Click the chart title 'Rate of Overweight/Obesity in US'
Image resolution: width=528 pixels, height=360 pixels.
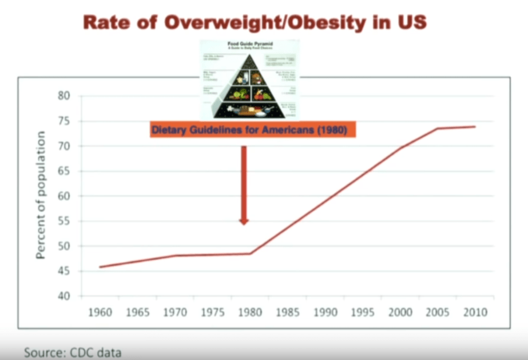click(x=255, y=23)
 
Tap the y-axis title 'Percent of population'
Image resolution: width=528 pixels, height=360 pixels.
click(x=41, y=195)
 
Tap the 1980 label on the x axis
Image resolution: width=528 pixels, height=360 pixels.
click(x=250, y=312)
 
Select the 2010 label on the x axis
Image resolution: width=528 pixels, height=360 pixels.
click(x=475, y=312)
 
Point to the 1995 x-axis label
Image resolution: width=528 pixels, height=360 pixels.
click(x=363, y=312)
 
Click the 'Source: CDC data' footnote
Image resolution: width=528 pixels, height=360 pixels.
click(x=73, y=351)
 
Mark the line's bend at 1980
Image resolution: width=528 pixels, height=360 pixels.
click(x=250, y=254)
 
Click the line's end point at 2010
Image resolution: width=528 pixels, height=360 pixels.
click(x=475, y=126)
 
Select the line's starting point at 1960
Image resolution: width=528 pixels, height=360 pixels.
click(x=100, y=267)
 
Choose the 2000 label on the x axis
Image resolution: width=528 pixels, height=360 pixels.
click(x=400, y=312)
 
